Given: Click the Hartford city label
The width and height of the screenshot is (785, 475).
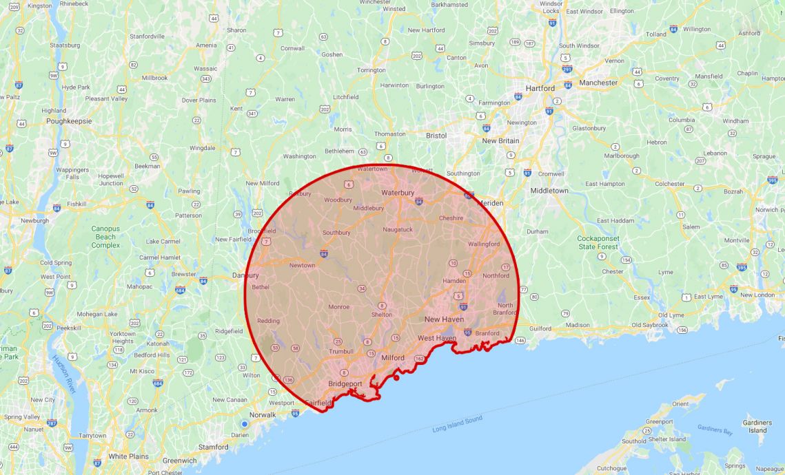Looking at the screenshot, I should (540, 88).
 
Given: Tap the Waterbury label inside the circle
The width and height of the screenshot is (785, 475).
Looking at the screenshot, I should (398, 193).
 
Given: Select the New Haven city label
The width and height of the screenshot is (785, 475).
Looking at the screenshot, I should (445, 319).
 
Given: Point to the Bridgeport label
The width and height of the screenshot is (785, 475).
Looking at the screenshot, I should (345, 383).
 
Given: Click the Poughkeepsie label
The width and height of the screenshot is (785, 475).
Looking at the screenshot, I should (69, 120).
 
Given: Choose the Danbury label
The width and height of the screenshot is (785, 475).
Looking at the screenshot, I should (245, 275).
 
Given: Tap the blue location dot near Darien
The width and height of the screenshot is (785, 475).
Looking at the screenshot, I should (245, 424).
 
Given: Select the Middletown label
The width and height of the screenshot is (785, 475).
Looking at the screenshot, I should (549, 190).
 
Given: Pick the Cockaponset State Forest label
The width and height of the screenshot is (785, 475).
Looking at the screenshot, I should (598, 242).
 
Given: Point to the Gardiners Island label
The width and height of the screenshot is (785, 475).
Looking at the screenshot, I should (757, 426).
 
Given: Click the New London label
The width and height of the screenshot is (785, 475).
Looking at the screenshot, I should (757, 295).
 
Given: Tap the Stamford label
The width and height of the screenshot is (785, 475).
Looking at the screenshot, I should (214, 447).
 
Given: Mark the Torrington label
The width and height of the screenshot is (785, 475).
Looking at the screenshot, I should (371, 70).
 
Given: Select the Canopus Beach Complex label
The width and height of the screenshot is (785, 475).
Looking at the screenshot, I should (105, 236).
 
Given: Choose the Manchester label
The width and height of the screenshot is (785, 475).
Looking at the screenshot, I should (598, 83).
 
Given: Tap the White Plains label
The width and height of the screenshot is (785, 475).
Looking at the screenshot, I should (128, 456).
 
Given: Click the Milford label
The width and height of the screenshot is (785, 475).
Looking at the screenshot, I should (393, 358).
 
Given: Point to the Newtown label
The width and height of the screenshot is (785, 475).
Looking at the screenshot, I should (302, 265).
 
